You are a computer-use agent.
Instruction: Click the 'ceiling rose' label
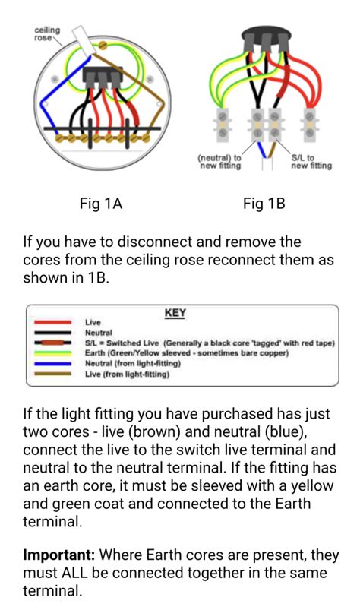[x=47, y=33]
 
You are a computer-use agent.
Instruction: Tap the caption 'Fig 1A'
[x=101, y=204]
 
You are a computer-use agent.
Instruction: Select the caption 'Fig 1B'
[x=264, y=204]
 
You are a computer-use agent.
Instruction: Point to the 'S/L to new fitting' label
[x=311, y=162]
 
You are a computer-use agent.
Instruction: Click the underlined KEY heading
[x=175, y=313]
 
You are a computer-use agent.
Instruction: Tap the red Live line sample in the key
[x=54, y=323]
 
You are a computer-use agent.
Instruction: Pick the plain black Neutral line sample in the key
[x=54, y=333]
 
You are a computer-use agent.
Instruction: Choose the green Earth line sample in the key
[x=54, y=353]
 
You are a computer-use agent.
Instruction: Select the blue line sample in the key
[x=54, y=364]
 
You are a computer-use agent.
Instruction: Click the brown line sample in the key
[x=54, y=374]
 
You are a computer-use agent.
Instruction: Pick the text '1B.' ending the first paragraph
[x=98, y=278]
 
